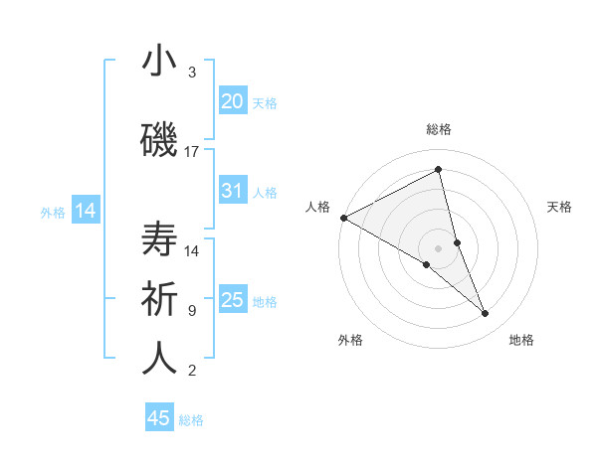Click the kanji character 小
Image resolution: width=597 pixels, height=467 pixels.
point(159,62)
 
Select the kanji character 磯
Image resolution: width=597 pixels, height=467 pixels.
point(159,141)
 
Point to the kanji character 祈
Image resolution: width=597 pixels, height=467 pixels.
point(159,299)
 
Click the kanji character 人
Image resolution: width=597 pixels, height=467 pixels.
point(159,359)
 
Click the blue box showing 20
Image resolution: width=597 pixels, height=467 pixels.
point(233,101)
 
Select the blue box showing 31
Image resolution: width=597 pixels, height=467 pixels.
point(233,191)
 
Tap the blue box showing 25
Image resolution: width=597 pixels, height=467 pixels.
point(233,300)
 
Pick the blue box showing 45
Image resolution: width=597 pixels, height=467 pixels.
point(159,418)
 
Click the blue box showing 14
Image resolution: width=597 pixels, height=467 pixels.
point(85,211)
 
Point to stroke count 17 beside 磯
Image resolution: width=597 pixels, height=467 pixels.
point(192,152)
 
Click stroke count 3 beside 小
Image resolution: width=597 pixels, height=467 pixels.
point(192,73)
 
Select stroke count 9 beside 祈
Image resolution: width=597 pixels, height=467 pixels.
point(192,311)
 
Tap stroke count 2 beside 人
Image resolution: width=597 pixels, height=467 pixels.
point(192,371)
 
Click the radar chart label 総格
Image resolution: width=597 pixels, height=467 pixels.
point(438,129)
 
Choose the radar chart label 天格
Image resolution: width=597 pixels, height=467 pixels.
point(559,207)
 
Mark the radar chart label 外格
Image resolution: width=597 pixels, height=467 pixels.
point(350,340)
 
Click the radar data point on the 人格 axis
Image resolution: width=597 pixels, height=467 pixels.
point(343,218)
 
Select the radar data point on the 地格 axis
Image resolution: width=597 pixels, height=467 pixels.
point(486,313)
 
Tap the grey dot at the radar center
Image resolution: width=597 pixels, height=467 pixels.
point(438,247)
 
